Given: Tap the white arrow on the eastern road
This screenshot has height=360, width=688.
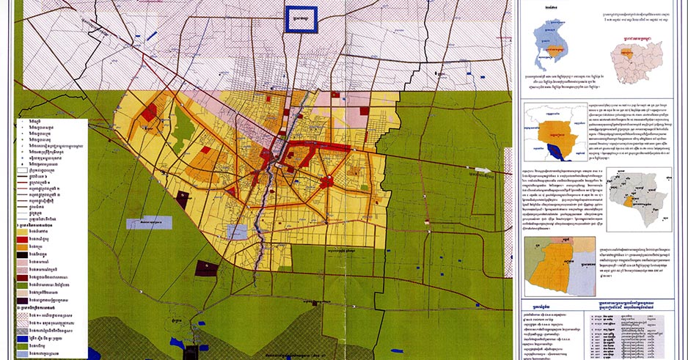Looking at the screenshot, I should (480, 170).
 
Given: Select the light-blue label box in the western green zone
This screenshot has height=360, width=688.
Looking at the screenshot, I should (150, 222).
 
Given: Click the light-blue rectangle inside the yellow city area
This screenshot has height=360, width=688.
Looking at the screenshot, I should (238, 232).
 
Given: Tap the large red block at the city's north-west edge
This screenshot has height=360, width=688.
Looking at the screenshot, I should (150, 112).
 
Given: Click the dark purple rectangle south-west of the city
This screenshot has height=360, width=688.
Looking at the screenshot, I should (207, 268).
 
